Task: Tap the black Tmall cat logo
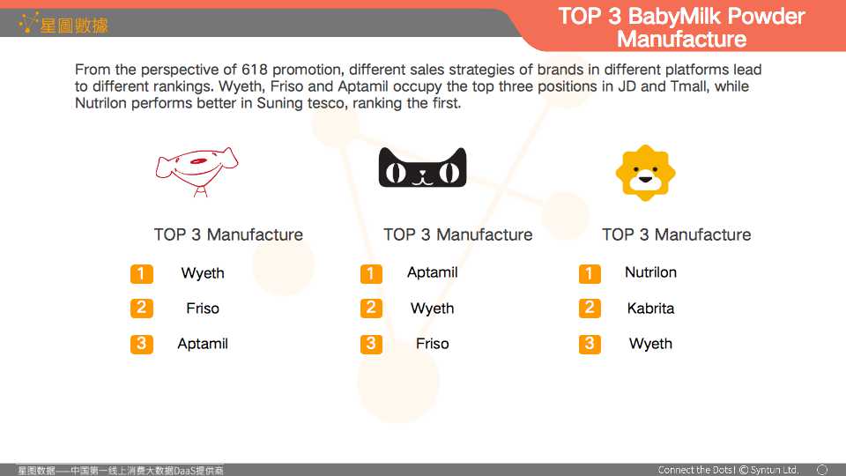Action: click(x=422, y=167)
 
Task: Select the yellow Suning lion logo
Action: click(x=645, y=173)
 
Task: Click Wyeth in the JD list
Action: click(x=203, y=273)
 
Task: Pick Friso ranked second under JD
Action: click(x=203, y=309)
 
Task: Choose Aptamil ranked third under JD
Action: click(x=203, y=344)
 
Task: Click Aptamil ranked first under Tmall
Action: click(x=432, y=272)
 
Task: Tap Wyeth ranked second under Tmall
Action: click(x=432, y=309)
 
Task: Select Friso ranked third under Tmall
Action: click(x=432, y=344)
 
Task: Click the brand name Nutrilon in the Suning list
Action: click(x=650, y=272)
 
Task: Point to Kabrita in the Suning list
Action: click(x=650, y=309)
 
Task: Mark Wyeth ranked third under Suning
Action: click(x=650, y=344)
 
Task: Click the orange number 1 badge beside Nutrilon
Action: click(x=590, y=273)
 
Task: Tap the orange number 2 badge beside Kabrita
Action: click(x=590, y=309)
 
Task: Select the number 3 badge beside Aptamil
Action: click(x=141, y=344)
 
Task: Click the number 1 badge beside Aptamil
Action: click(x=371, y=273)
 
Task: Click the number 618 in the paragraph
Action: click(x=254, y=70)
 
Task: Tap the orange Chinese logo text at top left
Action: click(x=74, y=25)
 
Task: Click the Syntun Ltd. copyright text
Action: click(x=768, y=470)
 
